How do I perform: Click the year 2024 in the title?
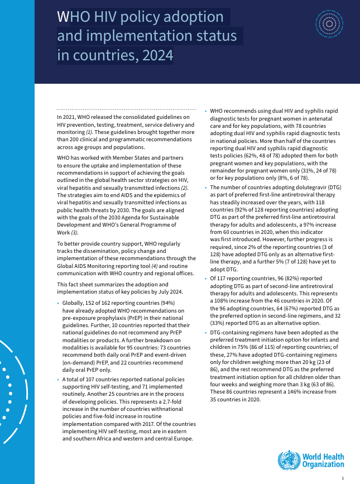point(158,56)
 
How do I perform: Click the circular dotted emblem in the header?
point(329,23)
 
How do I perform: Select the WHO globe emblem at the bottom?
point(289,459)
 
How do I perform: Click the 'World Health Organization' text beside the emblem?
point(323,461)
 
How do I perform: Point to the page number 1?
point(342,478)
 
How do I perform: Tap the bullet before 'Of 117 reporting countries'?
point(206,277)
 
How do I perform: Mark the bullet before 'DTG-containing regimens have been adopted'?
point(206,332)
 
